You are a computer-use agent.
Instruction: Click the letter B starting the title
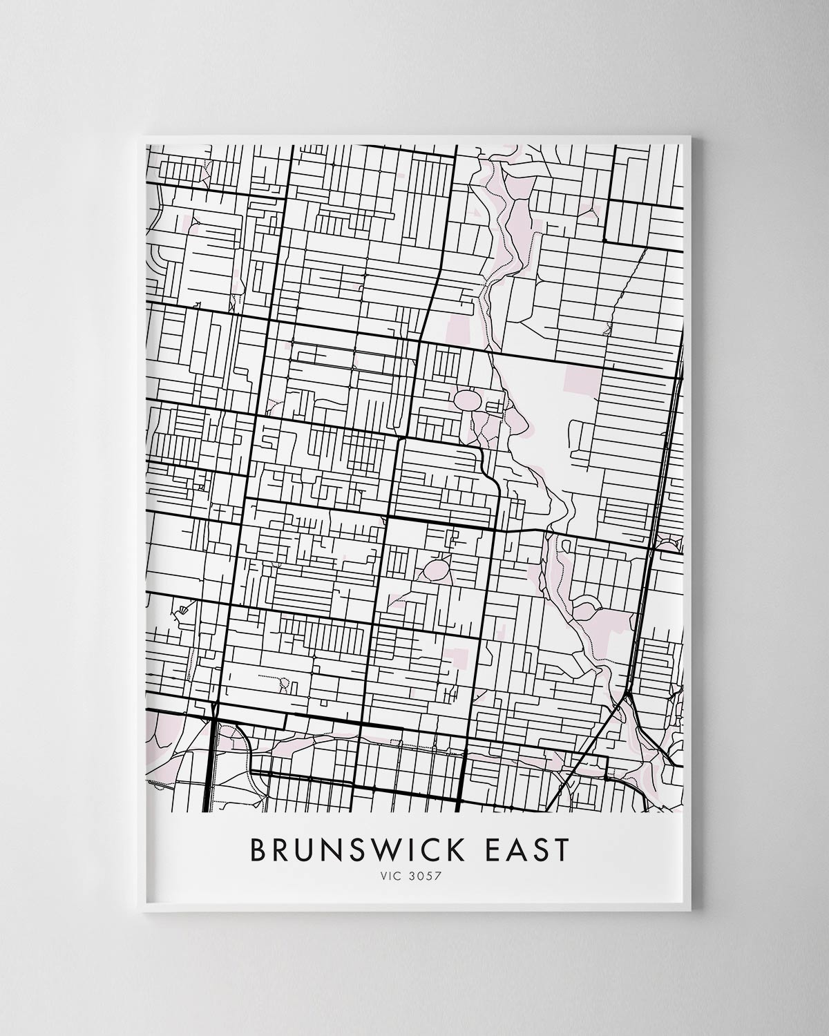258,850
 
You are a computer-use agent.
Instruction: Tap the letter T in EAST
560,850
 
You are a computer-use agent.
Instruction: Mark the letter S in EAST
538,850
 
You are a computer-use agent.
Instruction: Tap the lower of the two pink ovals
437,569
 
